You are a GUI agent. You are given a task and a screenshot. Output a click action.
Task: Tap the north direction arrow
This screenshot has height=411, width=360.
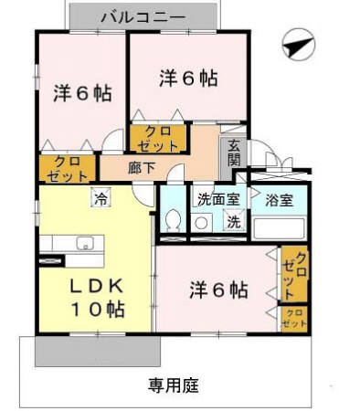coord(298,44)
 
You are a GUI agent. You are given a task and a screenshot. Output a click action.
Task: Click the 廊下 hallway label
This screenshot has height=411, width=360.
coord(141,167)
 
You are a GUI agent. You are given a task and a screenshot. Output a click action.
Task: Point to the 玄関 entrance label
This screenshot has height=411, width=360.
coord(233,153)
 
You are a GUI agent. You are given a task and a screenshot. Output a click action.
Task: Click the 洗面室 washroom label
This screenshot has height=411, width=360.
coord(215,197)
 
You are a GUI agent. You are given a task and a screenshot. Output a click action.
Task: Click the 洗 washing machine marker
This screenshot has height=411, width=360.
coord(233,222)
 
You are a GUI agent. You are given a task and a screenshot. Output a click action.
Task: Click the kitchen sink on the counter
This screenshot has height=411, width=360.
coord(84,244)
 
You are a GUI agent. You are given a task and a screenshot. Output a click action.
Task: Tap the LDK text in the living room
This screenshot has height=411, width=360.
coord(96,284)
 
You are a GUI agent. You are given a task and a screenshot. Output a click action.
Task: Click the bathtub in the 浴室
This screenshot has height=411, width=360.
coord(280,226)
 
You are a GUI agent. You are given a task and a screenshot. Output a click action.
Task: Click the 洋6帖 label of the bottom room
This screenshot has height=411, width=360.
coord(218,291)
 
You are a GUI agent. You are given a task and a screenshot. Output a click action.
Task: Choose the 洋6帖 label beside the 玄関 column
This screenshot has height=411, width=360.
coord(187,79)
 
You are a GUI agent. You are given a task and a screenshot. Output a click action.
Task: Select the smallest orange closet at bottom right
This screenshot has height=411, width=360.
coord(294,318)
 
